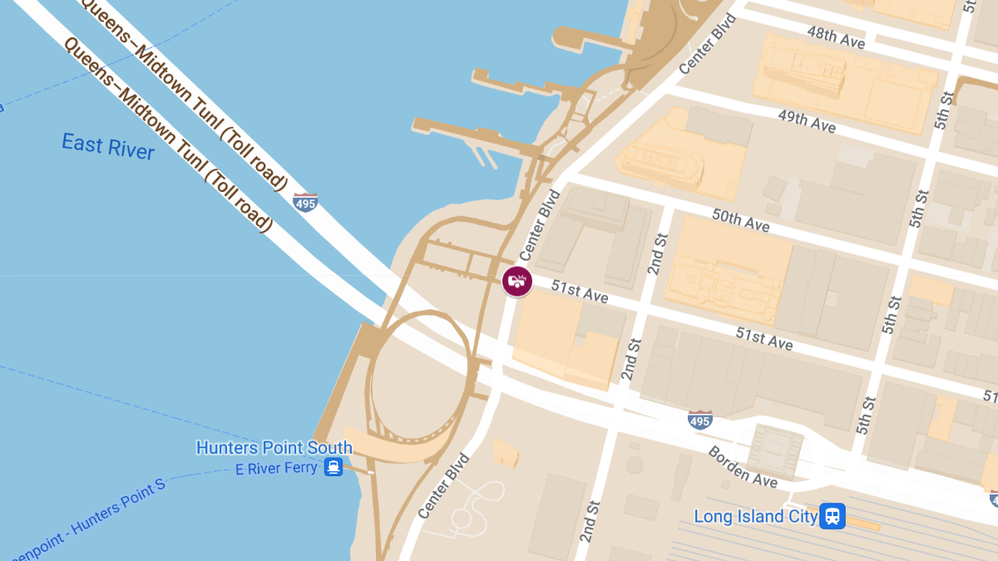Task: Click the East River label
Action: click(108, 145)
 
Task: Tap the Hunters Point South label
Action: click(274, 447)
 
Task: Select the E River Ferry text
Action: click(276, 468)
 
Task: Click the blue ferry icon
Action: click(333, 467)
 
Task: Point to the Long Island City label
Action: click(751, 517)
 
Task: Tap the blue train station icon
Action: click(832, 516)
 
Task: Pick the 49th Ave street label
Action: click(807, 121)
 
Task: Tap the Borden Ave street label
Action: click(743, 467)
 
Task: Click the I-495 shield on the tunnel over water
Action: click(305, 201)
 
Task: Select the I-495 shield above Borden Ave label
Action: click(700, 420)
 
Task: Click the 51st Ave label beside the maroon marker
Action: click(580, 292)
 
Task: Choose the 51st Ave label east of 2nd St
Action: click(763, 338)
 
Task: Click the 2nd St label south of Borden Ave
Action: click(588, 518)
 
